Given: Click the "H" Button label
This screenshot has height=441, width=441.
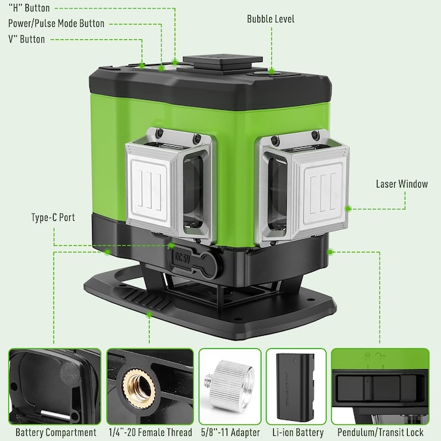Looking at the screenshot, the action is click(x=29, y=8).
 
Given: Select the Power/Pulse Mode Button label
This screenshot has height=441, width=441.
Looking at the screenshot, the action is click(x=56, y=24).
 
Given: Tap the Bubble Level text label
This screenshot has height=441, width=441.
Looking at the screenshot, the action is click(x=270, y=19).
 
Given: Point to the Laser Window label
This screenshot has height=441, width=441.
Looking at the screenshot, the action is click(x=402, y=184).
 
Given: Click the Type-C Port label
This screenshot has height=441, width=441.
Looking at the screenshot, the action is click(x=53, y=218).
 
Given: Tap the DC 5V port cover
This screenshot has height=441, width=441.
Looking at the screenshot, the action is click(x=194, y=261).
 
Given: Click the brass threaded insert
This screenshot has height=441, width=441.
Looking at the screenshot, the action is click(x=139, y=389).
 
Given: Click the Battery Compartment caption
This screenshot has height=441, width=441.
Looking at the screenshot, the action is click(x=56, y=433).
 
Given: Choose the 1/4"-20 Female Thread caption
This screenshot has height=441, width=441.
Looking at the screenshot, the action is click(x=150, y=433).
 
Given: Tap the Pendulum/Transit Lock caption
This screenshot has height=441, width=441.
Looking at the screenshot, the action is click(x=380, y=433).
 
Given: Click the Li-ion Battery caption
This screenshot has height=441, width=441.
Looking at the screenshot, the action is click(x=298, y=433).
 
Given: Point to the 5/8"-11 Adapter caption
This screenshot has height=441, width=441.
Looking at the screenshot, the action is click(x=231, y=433).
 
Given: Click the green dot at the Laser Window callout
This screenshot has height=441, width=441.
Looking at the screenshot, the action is click(x=348, y=208).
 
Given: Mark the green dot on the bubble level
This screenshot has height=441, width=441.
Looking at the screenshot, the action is click(x=271, y=71).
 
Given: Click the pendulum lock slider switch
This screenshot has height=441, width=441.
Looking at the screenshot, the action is click(x=368, y=389).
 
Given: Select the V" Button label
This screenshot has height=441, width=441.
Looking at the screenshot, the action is click(x=27, y=39).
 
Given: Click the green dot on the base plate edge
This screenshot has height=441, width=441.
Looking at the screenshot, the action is click(x=150, y=316).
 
